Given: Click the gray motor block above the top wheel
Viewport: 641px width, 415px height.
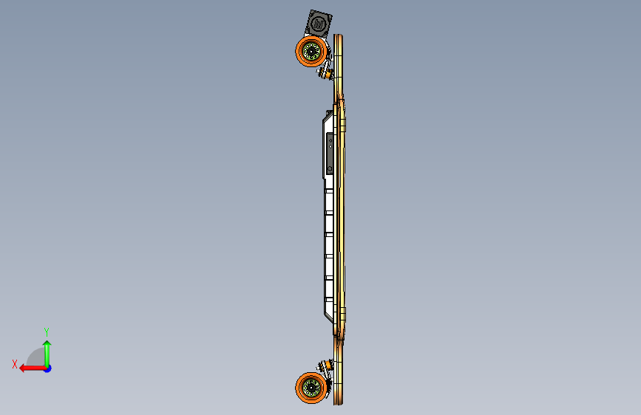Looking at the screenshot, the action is (319, 24).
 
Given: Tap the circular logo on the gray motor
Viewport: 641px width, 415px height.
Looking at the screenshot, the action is (318, 24).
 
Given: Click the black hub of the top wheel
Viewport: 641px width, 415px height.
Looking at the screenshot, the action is (311, 52).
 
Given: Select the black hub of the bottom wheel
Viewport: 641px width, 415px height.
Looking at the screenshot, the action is (311, 388).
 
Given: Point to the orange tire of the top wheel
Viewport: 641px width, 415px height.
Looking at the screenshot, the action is (299, 52).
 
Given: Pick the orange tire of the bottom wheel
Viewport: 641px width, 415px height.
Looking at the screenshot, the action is (299, 388).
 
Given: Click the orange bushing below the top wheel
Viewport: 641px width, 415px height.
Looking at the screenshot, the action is (326, 74).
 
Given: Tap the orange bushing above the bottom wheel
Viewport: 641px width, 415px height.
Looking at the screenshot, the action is (326, 365).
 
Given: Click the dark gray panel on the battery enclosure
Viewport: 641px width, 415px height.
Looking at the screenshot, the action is (329, 154).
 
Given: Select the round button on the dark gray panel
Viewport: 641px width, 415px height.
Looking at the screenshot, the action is (330, 168).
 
